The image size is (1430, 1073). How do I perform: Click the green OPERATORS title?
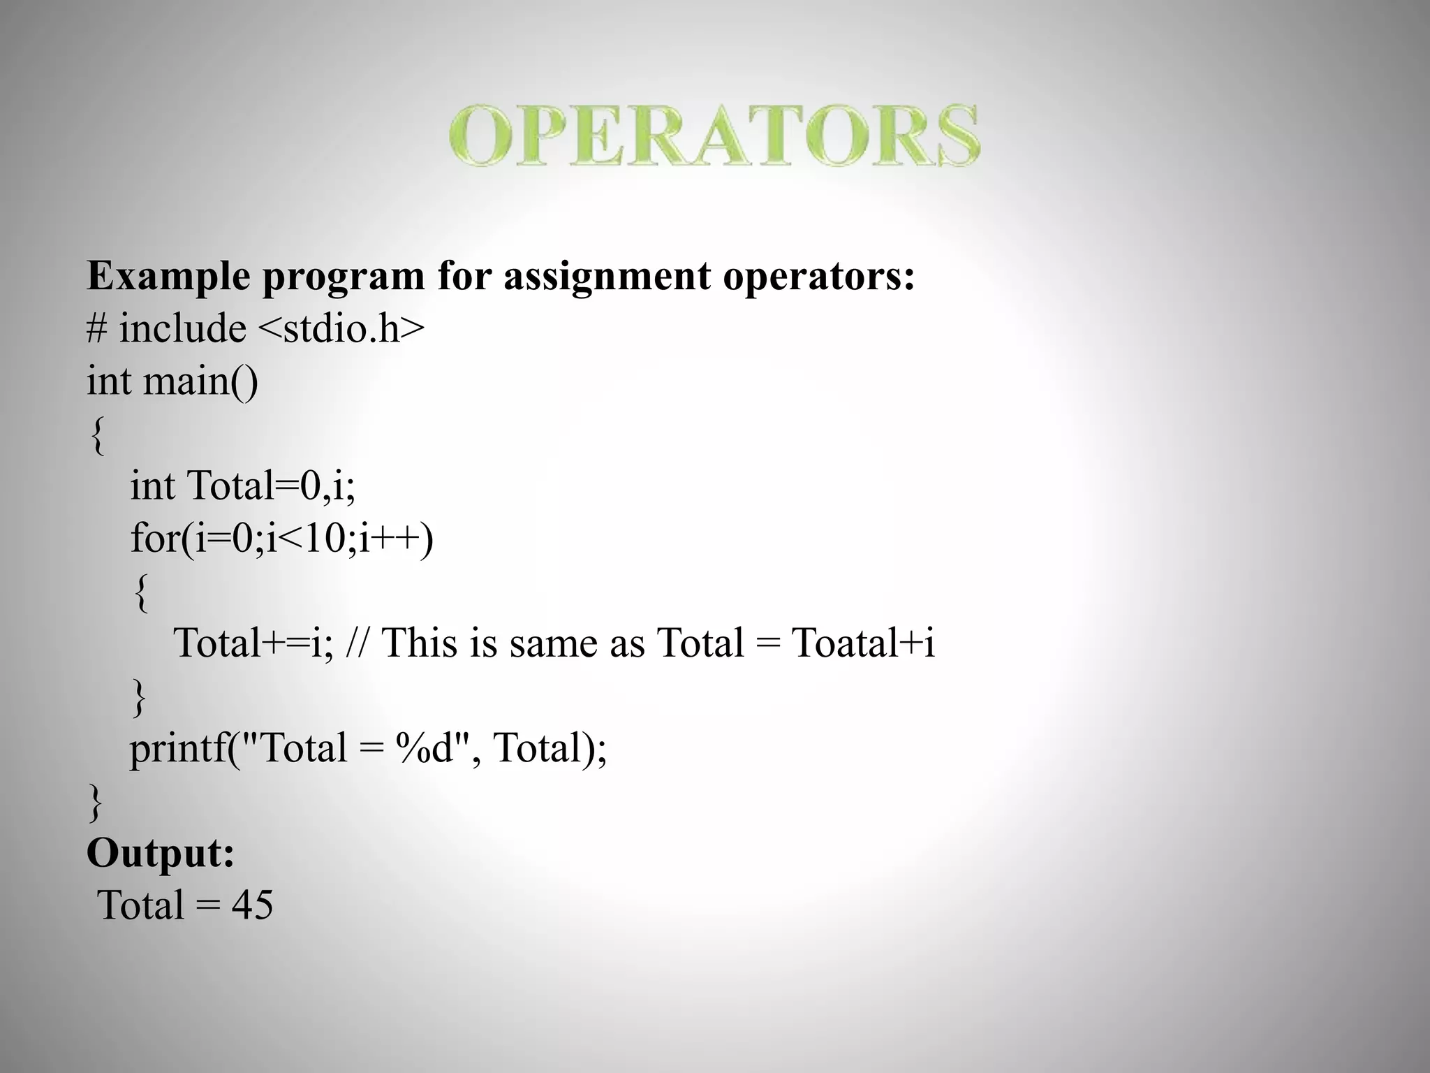[714, 136]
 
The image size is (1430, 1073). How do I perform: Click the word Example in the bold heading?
[168, 277]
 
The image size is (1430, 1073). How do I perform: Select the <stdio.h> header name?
[342, 328]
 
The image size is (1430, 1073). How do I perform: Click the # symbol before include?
[96, 328]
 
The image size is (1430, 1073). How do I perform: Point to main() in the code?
[200, 381]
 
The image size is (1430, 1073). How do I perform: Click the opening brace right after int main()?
[98, 435]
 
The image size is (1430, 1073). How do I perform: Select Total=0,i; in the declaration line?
[271, 486]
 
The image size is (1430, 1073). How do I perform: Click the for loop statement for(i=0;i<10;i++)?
[281, 538]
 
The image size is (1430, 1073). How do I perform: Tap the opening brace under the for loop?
[140, 592]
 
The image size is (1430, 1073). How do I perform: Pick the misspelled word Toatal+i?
[863, 643]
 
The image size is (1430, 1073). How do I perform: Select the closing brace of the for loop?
[140, 697]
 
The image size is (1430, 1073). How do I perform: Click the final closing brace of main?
[96, 802]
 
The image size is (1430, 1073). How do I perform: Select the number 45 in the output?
[252, 905]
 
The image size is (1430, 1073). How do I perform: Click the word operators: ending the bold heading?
[818, 277]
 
